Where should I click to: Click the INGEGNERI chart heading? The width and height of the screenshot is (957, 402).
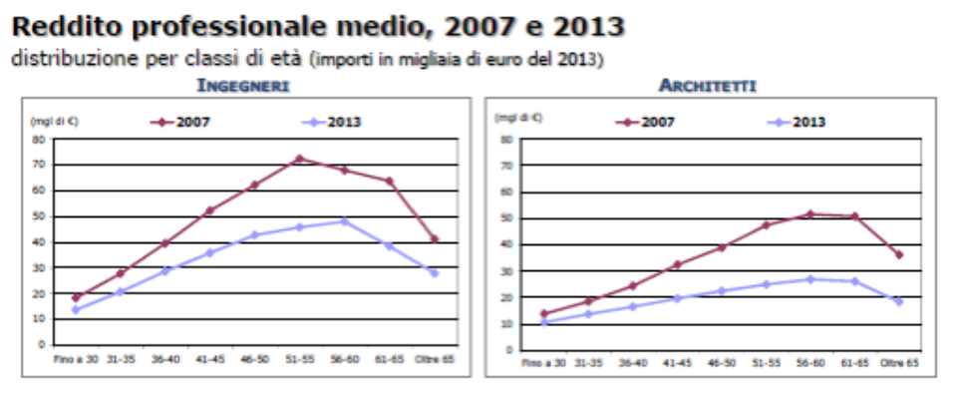click(243, 86)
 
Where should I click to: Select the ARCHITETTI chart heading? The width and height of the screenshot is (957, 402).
click(707, 86)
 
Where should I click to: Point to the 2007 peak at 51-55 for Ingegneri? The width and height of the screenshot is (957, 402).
click(299, 159)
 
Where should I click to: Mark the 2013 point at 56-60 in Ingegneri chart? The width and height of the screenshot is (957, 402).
click(344, 220)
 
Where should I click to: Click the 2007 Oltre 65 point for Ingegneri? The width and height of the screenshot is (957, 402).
click(434, 238)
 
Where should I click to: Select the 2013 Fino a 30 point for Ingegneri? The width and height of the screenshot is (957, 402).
click(76, 309)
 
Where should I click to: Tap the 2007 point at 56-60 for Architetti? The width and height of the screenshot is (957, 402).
click(809, 213)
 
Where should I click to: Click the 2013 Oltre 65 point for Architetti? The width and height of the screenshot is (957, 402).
click(898, 301)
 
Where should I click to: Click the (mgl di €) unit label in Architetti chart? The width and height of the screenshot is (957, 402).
click(517, 118)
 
